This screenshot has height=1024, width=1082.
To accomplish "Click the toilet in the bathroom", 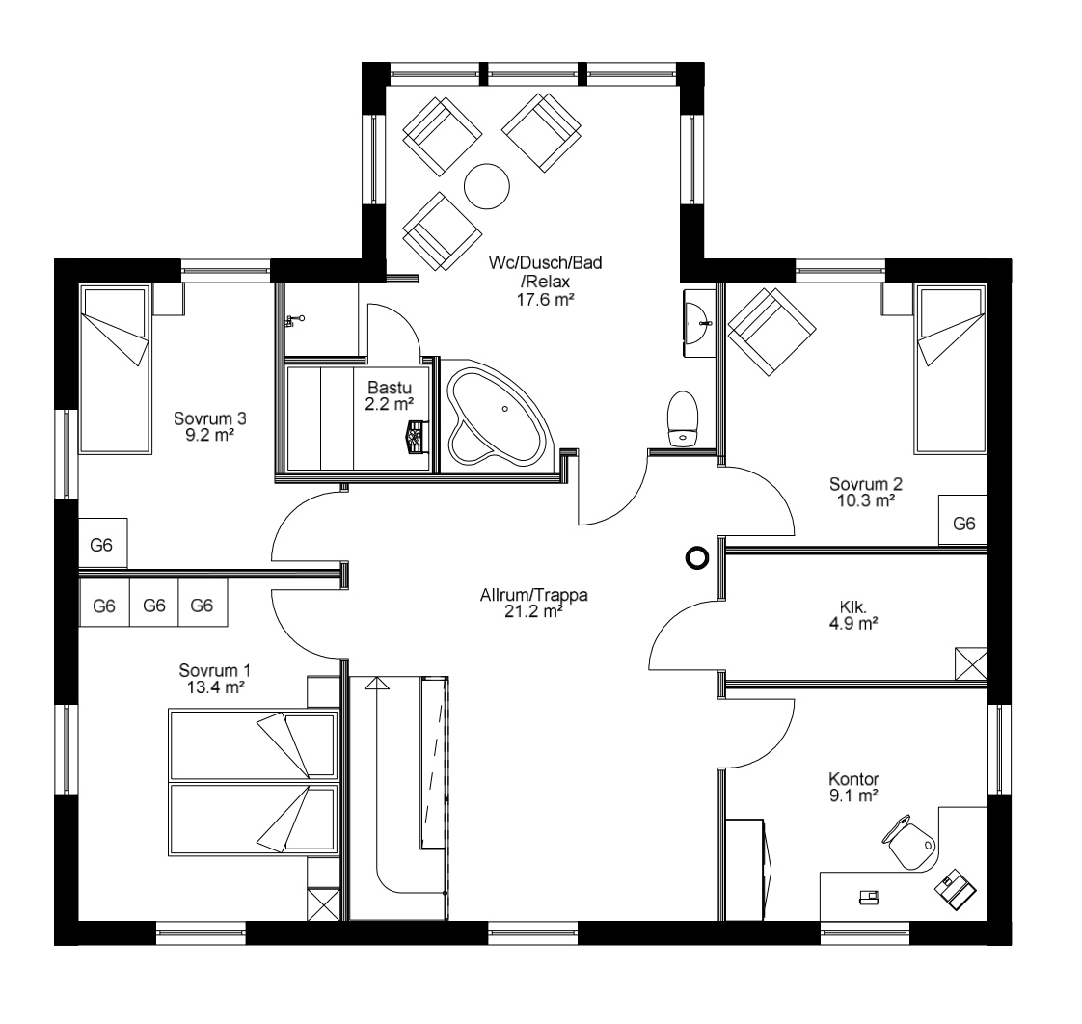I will click(684, 417).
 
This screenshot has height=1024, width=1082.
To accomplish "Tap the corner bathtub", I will click(497, 415).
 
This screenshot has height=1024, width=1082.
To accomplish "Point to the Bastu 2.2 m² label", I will click(390, 395).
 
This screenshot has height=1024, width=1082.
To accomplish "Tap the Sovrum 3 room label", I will click(210, 426).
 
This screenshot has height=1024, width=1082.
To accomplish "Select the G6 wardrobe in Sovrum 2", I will click(963, 524).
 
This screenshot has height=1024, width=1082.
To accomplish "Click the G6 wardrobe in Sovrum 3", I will click(102, 545).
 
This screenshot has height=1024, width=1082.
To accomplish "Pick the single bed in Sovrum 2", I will click(950, 368).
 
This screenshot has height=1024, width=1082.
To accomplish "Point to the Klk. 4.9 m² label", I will click(853, 615).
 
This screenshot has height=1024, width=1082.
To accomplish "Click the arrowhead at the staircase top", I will click(377, 684).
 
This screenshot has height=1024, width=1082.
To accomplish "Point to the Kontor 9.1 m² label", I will click(853, 786).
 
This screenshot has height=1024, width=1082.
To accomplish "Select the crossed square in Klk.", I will click(970, 665).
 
